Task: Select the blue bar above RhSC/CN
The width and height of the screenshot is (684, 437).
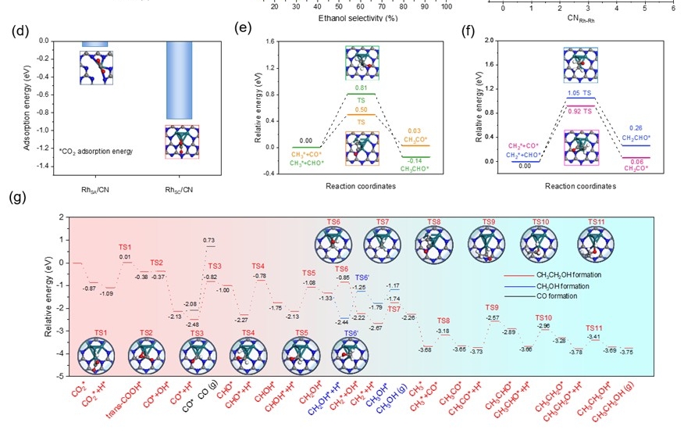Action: click(178, 79)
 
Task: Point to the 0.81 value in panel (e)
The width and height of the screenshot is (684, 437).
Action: click(362, 88)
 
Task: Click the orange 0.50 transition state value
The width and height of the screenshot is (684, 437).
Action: click(361, 110)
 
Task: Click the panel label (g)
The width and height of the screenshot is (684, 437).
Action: click(18, 197)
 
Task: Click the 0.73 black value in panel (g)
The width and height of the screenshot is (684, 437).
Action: click(209, 240)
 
